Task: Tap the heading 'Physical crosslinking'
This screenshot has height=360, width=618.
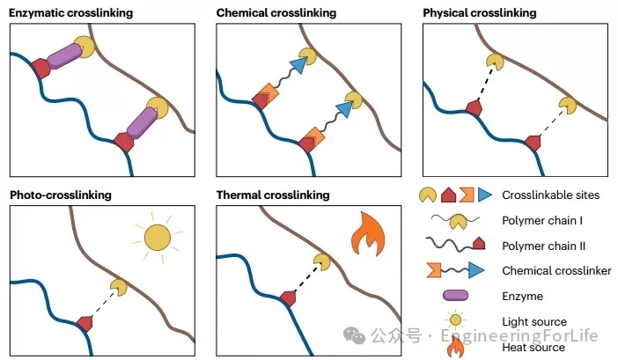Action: point(479,13)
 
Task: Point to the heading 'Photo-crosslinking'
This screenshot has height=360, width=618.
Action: point(60,194)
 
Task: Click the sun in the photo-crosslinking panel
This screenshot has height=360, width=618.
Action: point(157,237)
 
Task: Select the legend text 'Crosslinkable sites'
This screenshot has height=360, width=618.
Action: point(550,195)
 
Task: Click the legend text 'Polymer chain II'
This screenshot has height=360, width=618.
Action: point(541,246)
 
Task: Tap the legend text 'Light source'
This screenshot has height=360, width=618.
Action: point(534,322)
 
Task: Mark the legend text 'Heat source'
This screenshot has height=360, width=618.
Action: point(533,348)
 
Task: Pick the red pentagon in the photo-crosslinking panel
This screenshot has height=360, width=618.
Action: point(85,323)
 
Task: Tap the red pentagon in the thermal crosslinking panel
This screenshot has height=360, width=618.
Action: point(288,298)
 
